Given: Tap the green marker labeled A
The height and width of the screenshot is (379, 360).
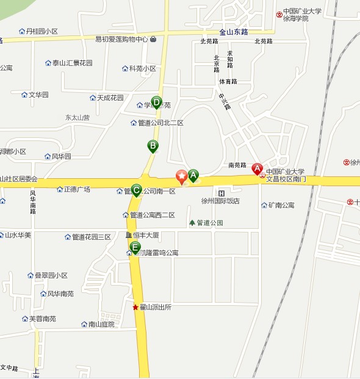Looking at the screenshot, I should (x=193, y=176).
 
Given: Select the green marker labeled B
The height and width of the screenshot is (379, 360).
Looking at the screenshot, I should (x=153, y=146).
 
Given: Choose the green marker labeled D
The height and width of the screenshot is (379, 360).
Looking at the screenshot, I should (x=156, y=102).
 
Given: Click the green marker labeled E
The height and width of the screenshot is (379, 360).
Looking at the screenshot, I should (x=135, y=247).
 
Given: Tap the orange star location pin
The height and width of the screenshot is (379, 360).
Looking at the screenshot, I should (x=181, y=176).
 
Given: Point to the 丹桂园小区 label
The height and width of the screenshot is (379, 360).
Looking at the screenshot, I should (x=41, y=31).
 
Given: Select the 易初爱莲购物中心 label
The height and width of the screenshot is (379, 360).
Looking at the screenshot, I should (x=121, y=40).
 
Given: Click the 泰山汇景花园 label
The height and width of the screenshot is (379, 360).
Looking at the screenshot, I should (x=72, y=63).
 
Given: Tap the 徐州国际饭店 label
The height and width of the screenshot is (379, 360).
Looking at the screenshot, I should (x=220, y=201).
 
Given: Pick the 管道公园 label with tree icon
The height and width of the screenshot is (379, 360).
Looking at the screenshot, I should (x=209, y=223).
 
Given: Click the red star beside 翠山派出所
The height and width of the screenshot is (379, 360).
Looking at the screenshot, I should (x=135, y=307).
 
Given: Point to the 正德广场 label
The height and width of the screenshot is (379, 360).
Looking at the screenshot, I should (x=77, y=189).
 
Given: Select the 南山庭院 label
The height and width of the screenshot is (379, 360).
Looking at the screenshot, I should (x=101, y=324).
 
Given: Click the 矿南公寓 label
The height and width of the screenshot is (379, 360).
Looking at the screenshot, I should (x=281, y=205).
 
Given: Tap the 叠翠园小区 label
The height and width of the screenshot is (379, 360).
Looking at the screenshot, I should (x=51, y=275).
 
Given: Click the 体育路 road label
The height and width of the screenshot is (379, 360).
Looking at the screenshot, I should (x=228, y=81).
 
